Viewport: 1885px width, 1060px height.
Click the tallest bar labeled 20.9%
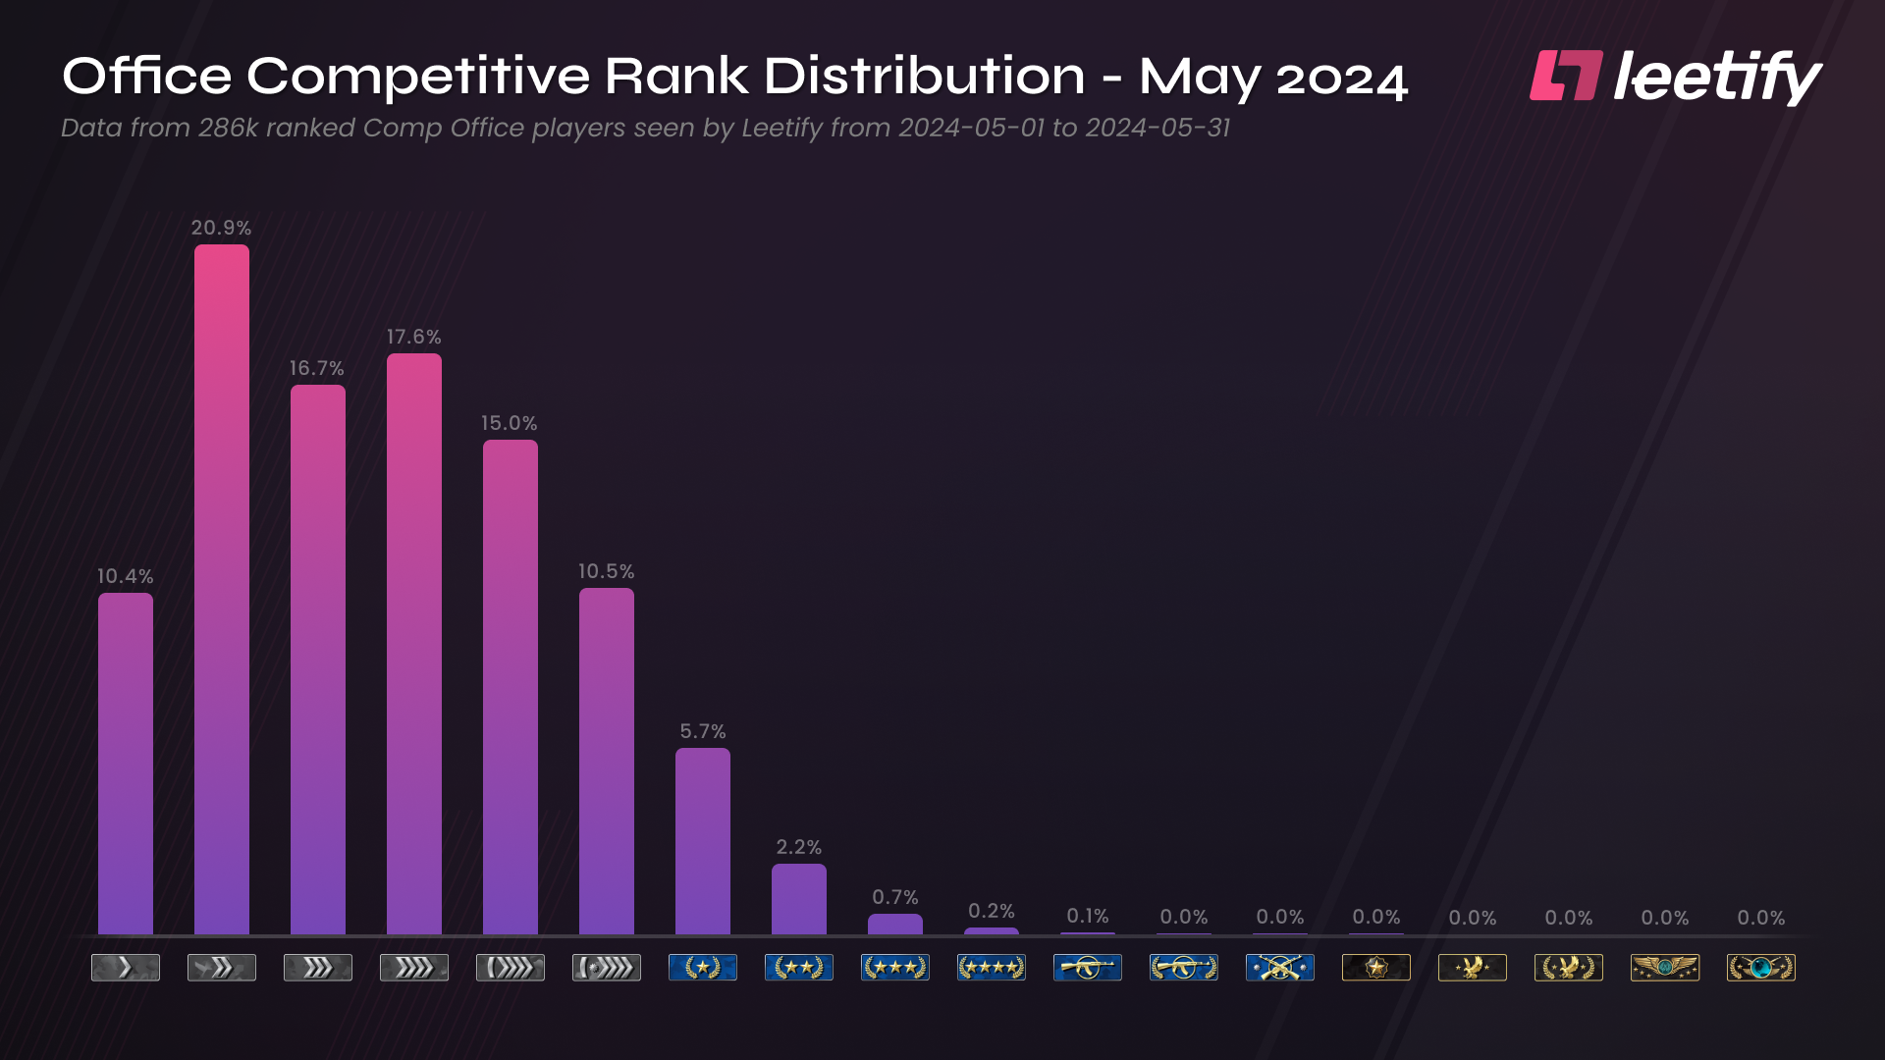(x=222, y=589)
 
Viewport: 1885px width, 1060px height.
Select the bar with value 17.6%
(x=414, y=643)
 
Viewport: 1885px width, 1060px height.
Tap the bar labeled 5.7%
(x=703, y=841)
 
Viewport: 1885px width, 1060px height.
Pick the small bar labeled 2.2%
(x=799, y=899)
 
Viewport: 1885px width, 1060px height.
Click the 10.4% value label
(x=125, y=576)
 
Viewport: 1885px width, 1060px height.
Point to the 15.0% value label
(x=509, y=423)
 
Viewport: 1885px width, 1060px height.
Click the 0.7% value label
(x=895, y=897)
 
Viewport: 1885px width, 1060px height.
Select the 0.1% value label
(x=1088, y=916)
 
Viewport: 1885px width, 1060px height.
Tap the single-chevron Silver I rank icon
(x=126, y=968)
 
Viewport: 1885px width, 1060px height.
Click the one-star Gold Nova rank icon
(x=703, y=968)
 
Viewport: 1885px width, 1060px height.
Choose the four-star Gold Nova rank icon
(x=992, y=968)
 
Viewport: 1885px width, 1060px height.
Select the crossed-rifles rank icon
(x=1280, y=968)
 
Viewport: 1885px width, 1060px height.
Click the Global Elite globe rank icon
(x=1761, y=968)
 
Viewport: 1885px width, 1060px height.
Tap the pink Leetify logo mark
(x=1566, y=76)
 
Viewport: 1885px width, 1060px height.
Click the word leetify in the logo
(x=1717, y=77)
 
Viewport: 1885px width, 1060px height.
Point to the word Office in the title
(x=147, y=76)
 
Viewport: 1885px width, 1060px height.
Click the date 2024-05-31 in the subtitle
(x=1158, y=129)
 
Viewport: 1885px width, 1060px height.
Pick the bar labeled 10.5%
(x=607, y=761)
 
